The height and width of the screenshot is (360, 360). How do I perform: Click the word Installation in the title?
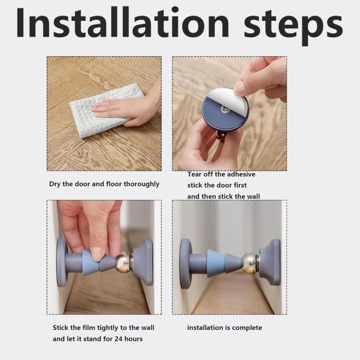coord(120,25)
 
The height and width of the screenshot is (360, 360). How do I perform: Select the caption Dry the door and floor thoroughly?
coord(105,184)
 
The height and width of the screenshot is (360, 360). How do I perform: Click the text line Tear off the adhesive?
coord(221,174)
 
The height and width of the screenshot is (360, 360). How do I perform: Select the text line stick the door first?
coord(220,186)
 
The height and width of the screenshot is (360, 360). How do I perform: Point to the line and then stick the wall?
coord(225,197)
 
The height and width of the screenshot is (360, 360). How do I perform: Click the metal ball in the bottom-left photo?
coord(123,264)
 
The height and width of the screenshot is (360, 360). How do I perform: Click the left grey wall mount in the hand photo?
coord(62,262)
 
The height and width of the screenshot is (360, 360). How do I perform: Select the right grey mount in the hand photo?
coord(142,262)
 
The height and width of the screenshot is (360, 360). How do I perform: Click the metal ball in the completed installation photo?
coord(249,263)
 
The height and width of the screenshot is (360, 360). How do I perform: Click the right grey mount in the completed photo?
coord(269,261)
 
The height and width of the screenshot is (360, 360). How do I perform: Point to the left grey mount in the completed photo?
coord(186,261)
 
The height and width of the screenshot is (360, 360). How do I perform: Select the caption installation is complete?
coord(224,327)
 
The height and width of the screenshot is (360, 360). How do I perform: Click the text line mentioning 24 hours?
coord(97,339)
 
